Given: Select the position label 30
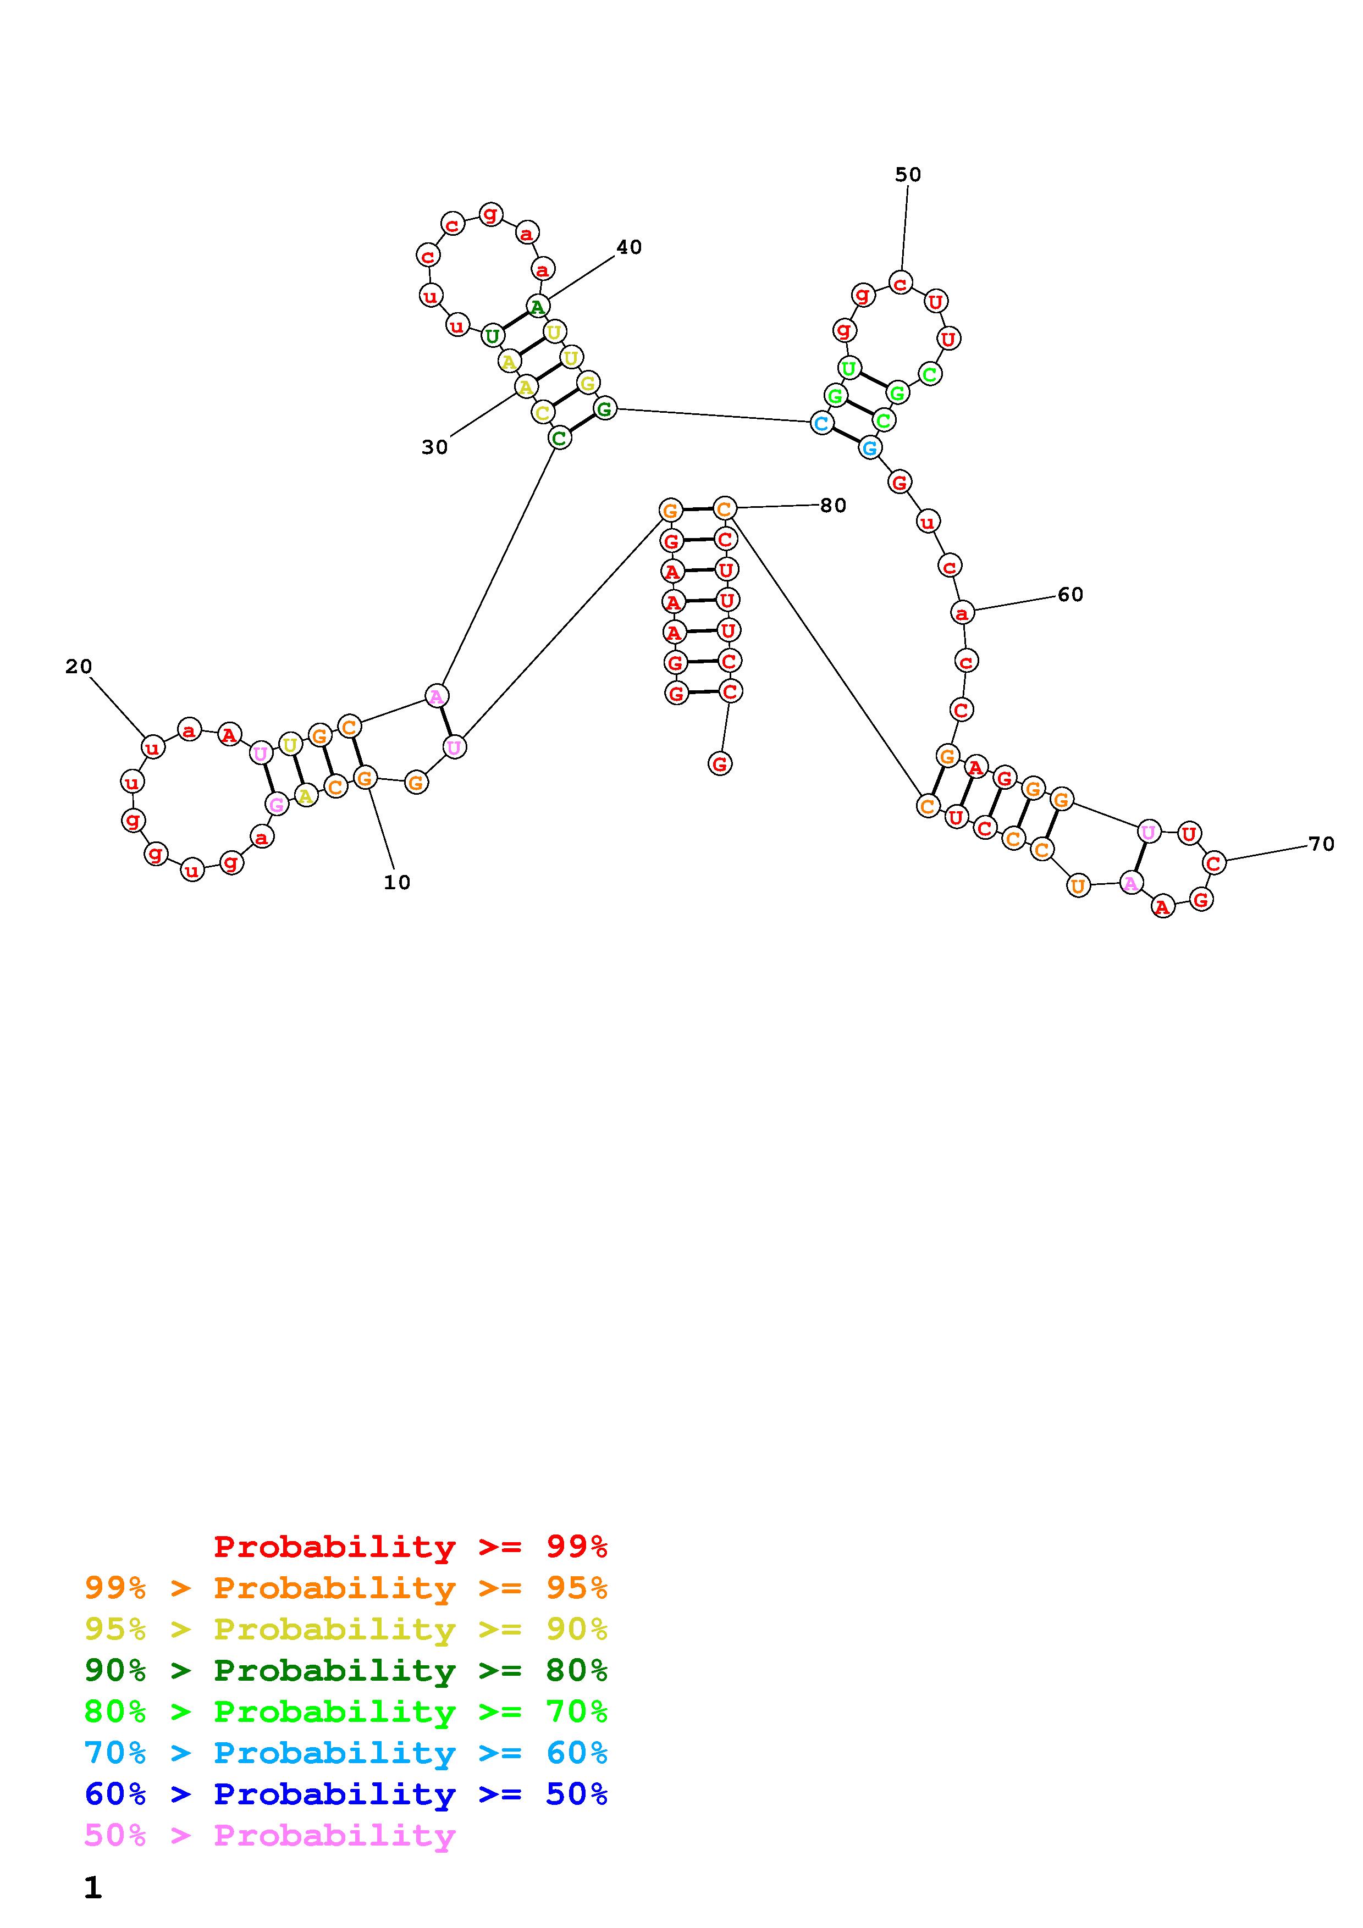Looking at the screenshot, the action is click(x=434, y=447).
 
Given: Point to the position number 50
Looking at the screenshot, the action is click(x=908, y=175).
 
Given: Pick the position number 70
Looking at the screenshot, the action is click(x=1321, y=844).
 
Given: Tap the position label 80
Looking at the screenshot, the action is click(x=833, y=506).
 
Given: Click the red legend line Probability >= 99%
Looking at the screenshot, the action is click(x=411, y=1547).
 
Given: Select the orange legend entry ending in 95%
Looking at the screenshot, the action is click(x=346, y=1588).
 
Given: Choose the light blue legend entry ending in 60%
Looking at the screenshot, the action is click(x=346, y=1753).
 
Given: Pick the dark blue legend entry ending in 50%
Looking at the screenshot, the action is click(x=346, y=1794).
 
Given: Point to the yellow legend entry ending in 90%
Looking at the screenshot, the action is click(x=346, y=1629).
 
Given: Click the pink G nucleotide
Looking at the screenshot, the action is click(x=277, y=805).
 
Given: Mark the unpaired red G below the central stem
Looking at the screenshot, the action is click(x=720, y=763).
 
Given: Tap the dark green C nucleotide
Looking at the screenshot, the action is click(x=559, y=437).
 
